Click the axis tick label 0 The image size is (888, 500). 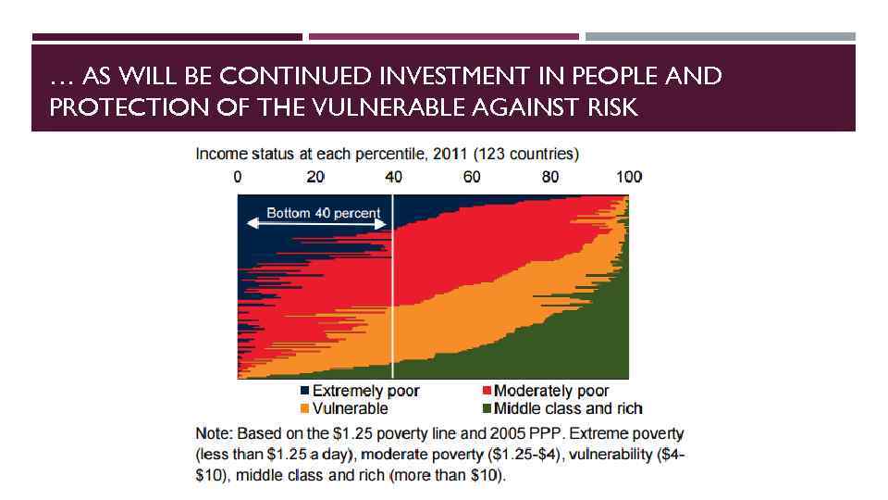(238, 177)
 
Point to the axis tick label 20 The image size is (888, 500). (315, 177)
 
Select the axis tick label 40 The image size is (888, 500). (393, 177)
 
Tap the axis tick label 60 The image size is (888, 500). (472, 177)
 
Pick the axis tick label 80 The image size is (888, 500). (550, 177)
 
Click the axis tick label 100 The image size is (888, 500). (629, 177)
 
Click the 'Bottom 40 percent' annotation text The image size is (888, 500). (323, 213)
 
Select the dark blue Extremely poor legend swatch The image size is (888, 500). (304, 391)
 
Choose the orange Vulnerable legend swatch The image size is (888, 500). (304, 407)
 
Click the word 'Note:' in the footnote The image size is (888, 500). (214, 433)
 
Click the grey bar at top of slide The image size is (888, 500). (721, 37)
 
